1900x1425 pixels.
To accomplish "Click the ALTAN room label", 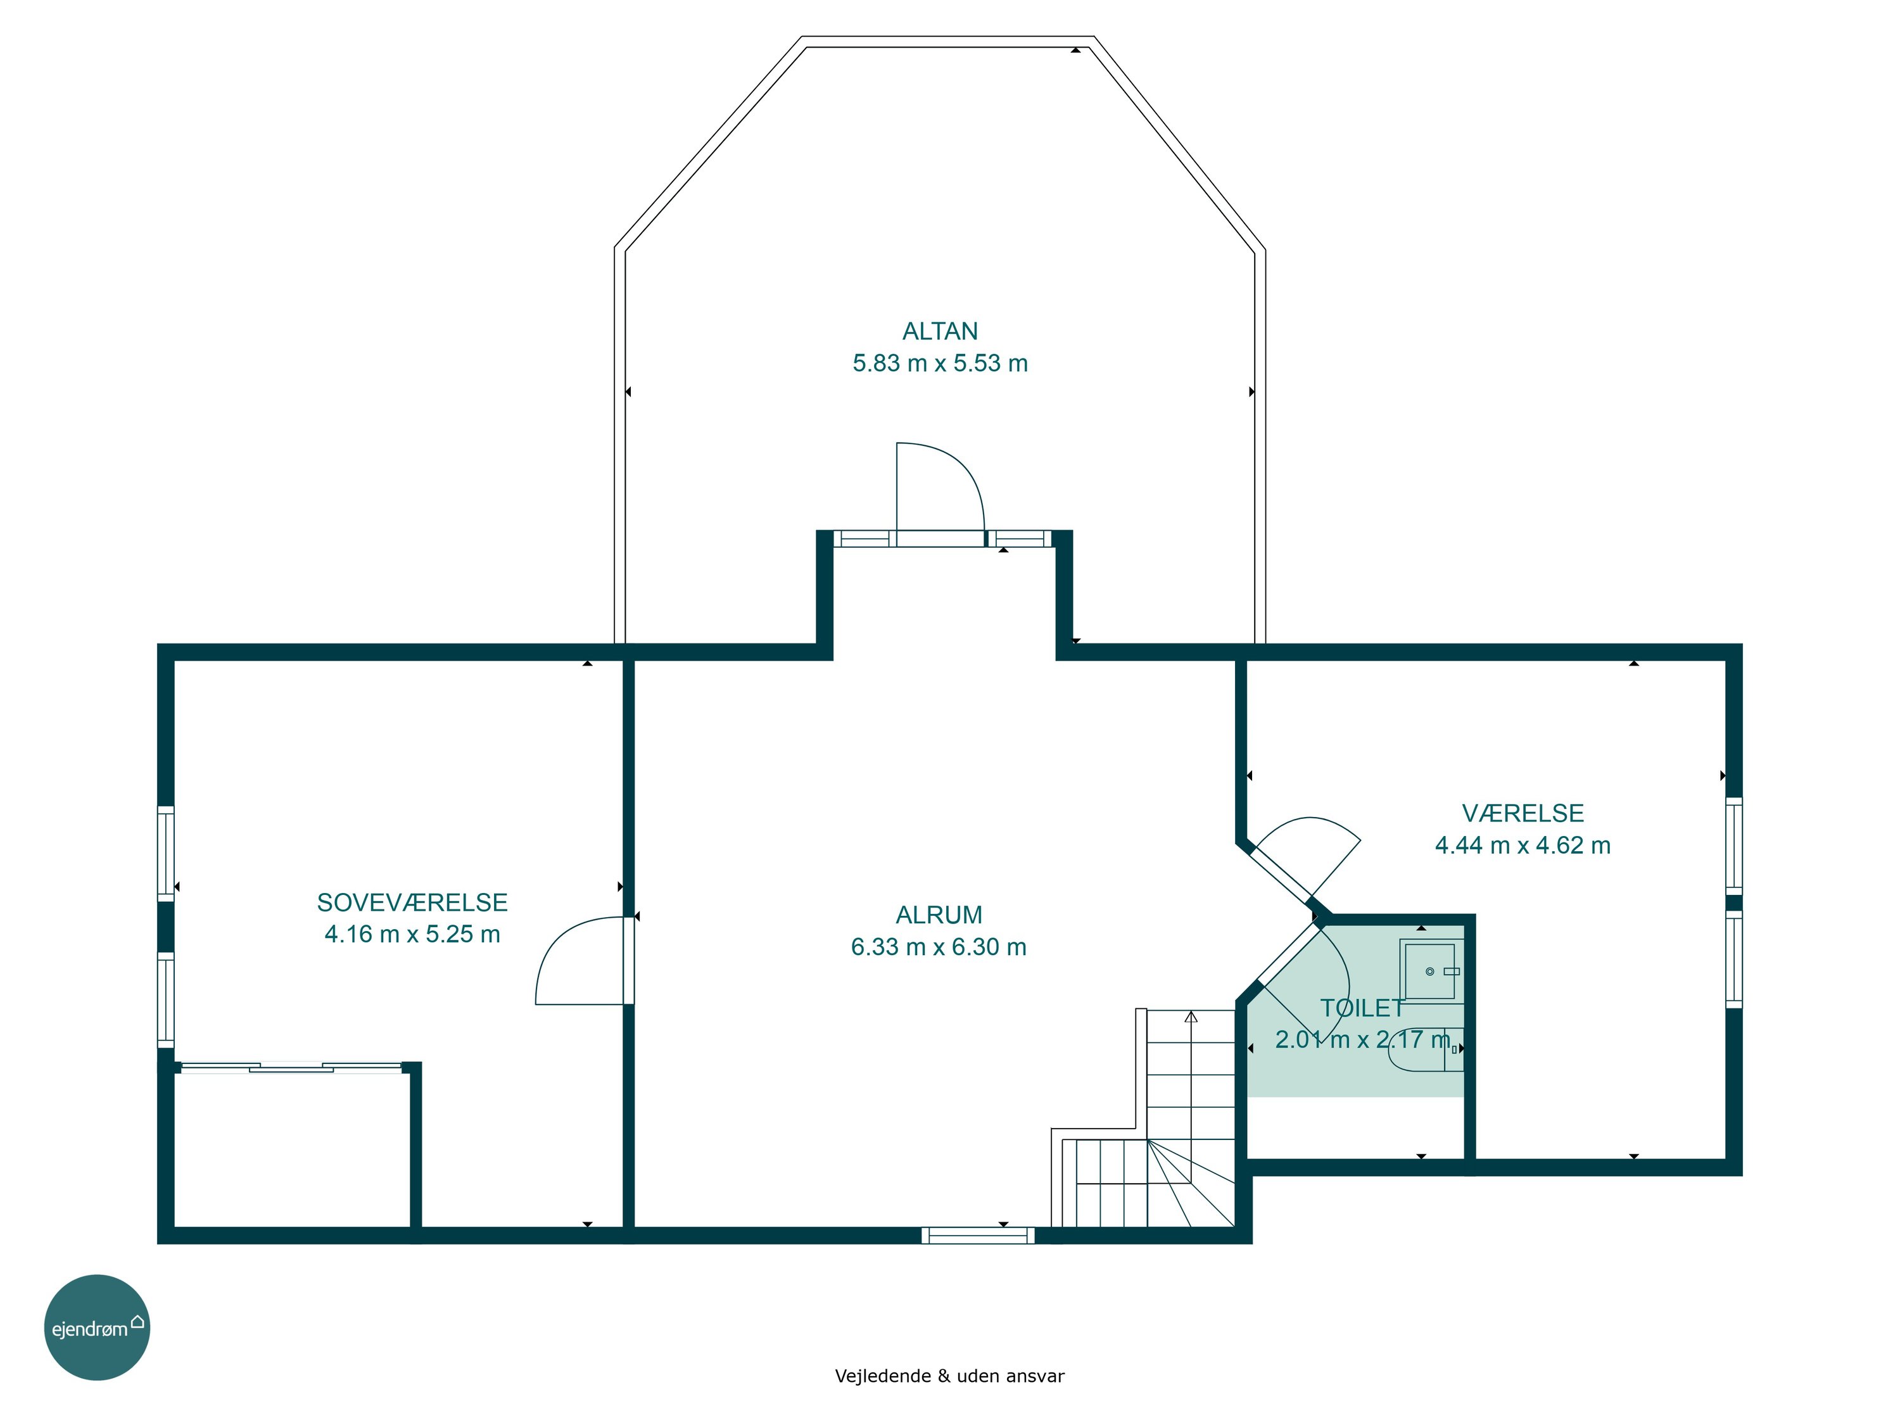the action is point(940,332).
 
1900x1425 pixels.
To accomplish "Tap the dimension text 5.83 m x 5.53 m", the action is point(940,364).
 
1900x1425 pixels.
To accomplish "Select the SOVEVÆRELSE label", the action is point(412,902).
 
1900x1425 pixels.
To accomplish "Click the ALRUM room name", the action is point(939,915).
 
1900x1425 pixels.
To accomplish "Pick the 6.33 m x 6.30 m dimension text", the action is point(939,947).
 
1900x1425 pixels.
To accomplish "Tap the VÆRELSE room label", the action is point(1523,813).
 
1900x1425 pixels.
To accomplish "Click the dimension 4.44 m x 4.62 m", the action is point(1523,845).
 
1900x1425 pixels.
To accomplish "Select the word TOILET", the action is point(1362,1008).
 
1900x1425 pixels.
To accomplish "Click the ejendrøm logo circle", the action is point(97,1327).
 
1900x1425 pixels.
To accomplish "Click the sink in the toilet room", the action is point(1430,971).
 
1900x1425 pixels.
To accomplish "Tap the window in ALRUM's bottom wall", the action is point(977,1235).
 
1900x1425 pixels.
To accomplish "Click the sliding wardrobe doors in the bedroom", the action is point(291,1068).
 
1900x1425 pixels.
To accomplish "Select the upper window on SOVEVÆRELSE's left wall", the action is point(166,853).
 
